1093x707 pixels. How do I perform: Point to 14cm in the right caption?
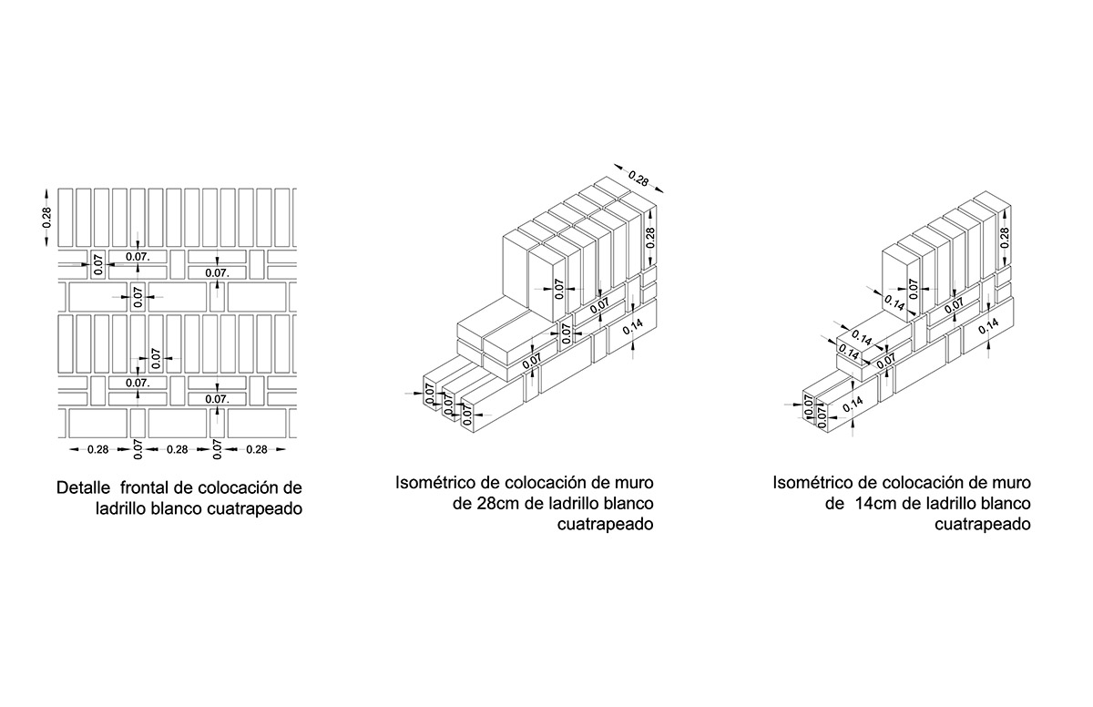[x=877, y=504]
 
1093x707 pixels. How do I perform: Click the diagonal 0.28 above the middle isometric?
[x=638, y=178]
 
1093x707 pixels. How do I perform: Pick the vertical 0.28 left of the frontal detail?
[x=46, y=218]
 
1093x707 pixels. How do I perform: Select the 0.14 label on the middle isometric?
[x=633, y=326]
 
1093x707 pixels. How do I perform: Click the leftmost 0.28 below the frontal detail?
[x=98, y=449]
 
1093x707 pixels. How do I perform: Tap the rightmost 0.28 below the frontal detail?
[x=257, y=449]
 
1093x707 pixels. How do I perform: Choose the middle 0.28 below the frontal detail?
[x=177, y=449]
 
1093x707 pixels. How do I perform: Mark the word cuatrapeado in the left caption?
[x=255, y=509]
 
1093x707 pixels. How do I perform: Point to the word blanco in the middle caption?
[x=629, y=504]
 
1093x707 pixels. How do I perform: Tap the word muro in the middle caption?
[x=634, y=483]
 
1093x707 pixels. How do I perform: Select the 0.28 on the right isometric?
[x=1004, y=238]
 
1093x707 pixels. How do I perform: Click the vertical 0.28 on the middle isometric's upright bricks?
[x=650, y=238]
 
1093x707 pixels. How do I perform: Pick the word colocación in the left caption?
[x=230, y=487]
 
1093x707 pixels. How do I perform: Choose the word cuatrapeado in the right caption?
[x=983, y=525]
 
